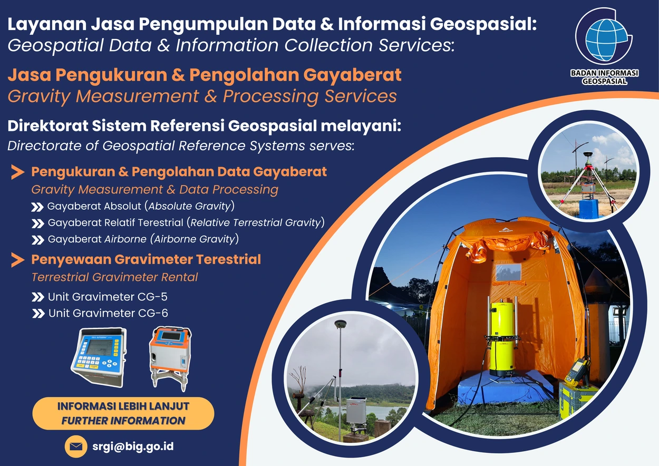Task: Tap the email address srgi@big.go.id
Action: point(133,446)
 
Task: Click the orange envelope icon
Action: point(76,447)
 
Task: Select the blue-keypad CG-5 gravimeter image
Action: point(99,356)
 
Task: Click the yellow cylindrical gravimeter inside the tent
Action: point(501,337)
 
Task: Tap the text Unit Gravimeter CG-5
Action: point(108,297)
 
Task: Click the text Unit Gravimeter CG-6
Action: point(108,313)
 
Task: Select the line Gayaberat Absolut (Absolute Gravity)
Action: point(140,206)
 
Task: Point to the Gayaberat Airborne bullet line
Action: point(143,239)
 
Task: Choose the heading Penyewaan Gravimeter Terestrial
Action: point(146,259)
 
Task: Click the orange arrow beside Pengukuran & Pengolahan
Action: point(18,172)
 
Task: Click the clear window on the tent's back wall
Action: point(507,273)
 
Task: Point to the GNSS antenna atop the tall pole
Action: point(340,324)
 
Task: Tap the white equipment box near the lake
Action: point(355,411)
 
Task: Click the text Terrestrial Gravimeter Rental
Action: point(115,277)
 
